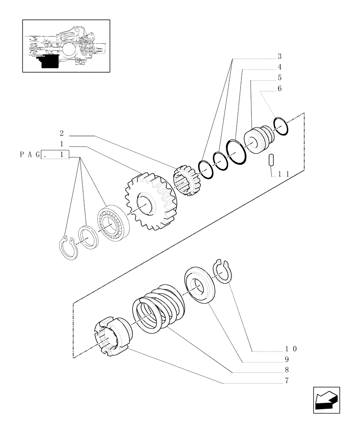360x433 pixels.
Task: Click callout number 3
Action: coord(280,56)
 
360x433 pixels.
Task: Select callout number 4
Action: coord(280,67)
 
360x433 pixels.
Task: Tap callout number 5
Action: coord(280,78)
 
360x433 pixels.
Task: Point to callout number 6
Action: coord(280,89)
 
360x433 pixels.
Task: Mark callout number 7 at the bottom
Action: coord(286,381)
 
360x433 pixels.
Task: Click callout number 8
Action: coord(286,370)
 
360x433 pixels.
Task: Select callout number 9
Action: coord(286,359)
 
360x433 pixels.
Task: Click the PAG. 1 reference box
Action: coord(55,154)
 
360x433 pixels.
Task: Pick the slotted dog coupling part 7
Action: coord(111,339)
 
